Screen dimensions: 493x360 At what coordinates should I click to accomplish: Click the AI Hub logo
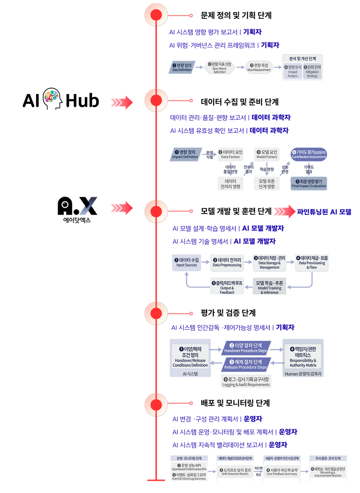click(61, 99)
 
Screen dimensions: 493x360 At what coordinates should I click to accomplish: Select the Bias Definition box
click(182, 67)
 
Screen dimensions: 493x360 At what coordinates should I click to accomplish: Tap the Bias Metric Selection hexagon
click(220, 67)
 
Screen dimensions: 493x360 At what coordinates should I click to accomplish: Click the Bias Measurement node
click(259, 67)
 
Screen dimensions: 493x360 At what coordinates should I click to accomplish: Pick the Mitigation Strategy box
click(312, 71)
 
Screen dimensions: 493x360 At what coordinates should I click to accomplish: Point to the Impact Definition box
click(185, 154)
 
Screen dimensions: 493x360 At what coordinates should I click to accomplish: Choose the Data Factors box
click(230, 154)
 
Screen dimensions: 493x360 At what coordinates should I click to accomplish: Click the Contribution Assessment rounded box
click(308, 154)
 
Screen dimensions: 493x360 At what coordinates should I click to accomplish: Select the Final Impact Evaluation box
click(308, 183)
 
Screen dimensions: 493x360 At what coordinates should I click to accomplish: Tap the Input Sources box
click(186, 262)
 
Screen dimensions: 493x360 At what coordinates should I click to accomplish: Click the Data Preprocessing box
click(227, 262)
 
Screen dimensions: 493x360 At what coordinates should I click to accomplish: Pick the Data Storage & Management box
click(269, 262)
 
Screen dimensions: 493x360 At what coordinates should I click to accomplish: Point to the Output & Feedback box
click(227, 287)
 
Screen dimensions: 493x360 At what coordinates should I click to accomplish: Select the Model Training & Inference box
click(269, 287)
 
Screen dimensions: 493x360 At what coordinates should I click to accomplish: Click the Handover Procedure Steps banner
click(246, 348)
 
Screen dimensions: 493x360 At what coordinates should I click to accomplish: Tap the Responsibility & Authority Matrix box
click(303, 357)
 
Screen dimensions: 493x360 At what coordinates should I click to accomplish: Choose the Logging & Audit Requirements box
click(246, 382)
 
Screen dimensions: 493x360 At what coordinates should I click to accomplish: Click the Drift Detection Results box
click(235, 472)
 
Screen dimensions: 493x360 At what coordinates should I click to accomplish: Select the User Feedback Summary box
click(282, 472)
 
